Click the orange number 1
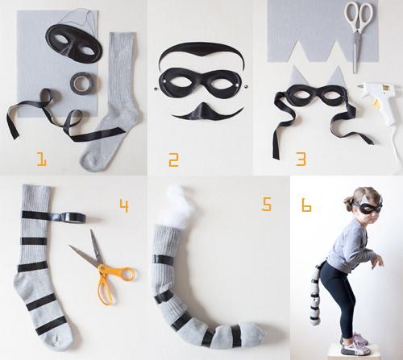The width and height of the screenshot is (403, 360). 41,159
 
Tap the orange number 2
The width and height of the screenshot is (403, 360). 172,159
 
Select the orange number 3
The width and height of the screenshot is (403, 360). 301,159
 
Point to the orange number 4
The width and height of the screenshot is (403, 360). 123,205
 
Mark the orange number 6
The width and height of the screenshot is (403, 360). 306,205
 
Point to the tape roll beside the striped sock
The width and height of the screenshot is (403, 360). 71,216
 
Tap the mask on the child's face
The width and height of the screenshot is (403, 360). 368,207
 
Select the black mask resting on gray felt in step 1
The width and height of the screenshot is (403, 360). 73,40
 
